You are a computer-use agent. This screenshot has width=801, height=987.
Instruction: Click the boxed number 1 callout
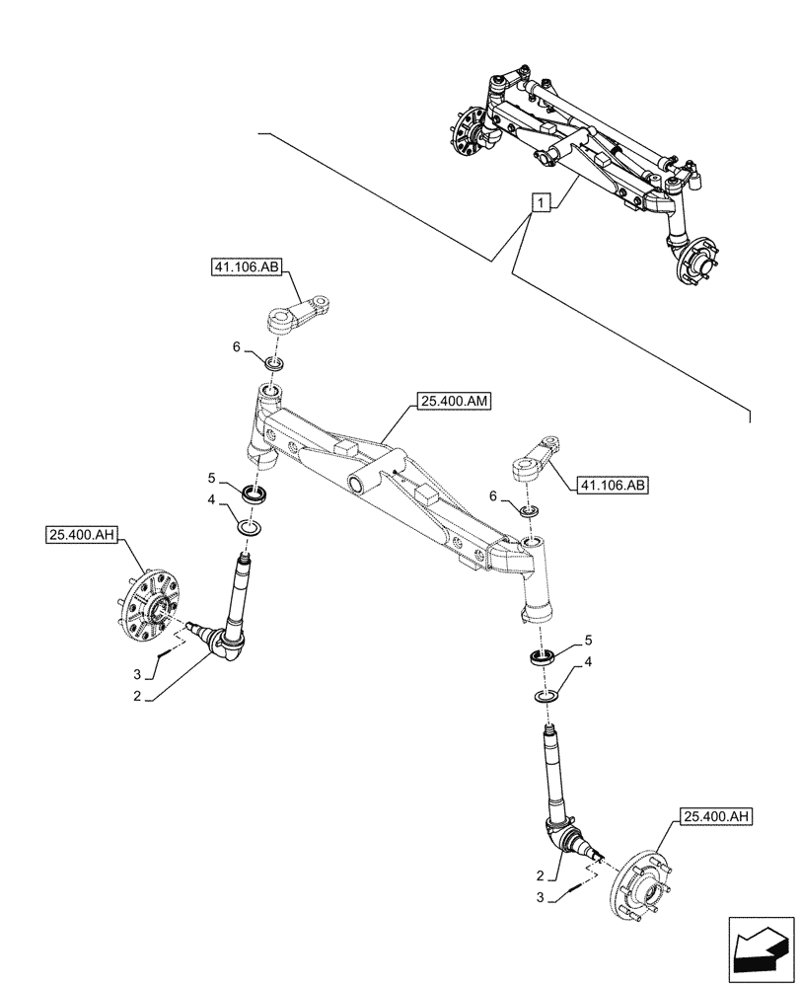point(540,203)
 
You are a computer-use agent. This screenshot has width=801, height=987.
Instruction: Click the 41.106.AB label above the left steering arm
point(246,266)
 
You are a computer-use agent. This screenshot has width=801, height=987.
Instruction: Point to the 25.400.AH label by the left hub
point(81,535)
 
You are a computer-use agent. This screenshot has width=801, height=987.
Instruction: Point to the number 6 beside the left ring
point(236,346)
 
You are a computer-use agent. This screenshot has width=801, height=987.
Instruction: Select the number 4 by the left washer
point(211,500)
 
